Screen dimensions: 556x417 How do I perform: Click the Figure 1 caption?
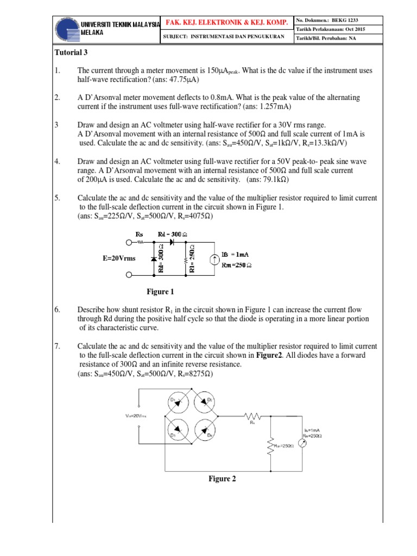tap(161, 292)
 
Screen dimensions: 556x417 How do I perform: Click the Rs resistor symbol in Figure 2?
tap(252, 416)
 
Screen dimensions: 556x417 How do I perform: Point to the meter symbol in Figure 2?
tap(303, 444)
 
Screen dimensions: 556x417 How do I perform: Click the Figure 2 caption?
tap(223, 478)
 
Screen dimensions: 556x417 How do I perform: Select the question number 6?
tap(57, 309)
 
